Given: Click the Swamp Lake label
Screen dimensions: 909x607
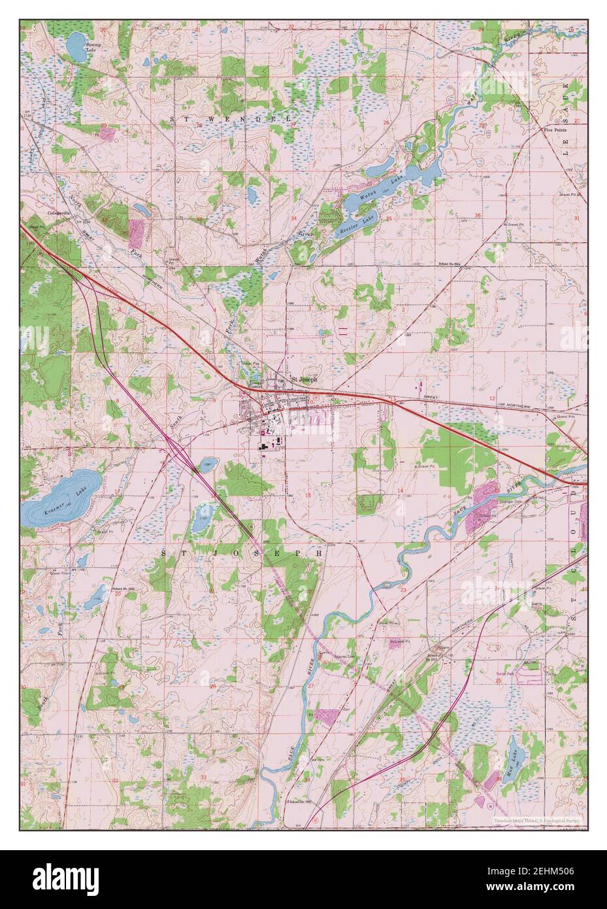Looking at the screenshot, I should click(x=95, y=47).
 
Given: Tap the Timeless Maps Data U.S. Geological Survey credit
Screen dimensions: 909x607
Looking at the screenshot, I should click(x=540, y=819).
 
